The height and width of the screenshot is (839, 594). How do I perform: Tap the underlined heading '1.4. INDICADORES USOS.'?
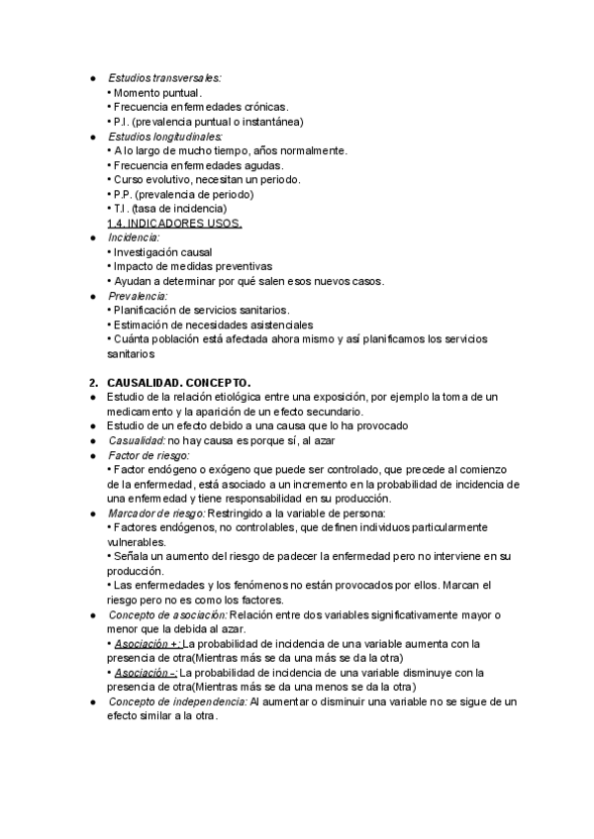click(174, 224)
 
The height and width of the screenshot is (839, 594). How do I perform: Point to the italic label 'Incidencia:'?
click(134, 237)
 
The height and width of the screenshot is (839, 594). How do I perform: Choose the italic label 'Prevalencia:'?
click(138, 296)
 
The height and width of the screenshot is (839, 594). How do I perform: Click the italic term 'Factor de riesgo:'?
click(149, 454)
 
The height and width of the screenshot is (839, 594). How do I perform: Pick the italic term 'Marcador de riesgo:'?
click(156, 513)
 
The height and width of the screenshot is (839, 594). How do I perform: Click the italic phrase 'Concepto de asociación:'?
click(167, 615)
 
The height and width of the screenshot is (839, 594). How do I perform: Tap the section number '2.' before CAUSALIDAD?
click(92, 382)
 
